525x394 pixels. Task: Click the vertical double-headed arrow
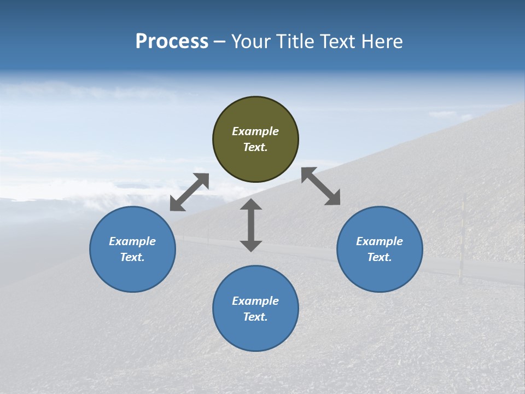coord(251,225)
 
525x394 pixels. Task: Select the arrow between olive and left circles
coord(189,192)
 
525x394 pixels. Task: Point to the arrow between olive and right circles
coord(320,186)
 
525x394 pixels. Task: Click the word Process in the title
coord(172,42)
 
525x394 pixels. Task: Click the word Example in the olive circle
coord(255,131)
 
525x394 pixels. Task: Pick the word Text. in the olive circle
coord(255,147)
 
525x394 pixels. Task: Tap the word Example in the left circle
coord(132,241)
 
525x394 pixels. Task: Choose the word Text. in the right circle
coord(380,257)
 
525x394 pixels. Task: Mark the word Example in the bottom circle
coord(255,301)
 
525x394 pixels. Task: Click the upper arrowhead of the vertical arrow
coord(251,205)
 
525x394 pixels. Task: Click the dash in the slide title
coord(219,42)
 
